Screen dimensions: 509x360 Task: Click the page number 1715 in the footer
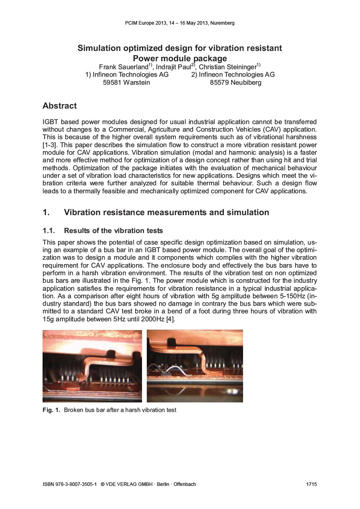tap(311, 484)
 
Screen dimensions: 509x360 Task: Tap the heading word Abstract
tap(60, 106)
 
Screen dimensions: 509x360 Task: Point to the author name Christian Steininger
tap(228, 67)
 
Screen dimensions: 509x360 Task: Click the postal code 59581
tap(113, 83)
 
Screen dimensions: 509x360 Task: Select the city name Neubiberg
tap(246, 83)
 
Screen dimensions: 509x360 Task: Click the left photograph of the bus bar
tap(92, 366)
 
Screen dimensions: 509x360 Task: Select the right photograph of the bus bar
tap(195, 366)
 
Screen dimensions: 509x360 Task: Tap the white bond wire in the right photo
tap(175, 371)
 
